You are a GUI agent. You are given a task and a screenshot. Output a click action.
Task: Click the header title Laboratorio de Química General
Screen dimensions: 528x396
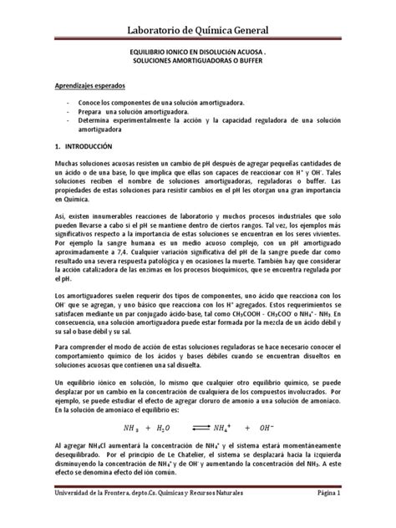198,32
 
